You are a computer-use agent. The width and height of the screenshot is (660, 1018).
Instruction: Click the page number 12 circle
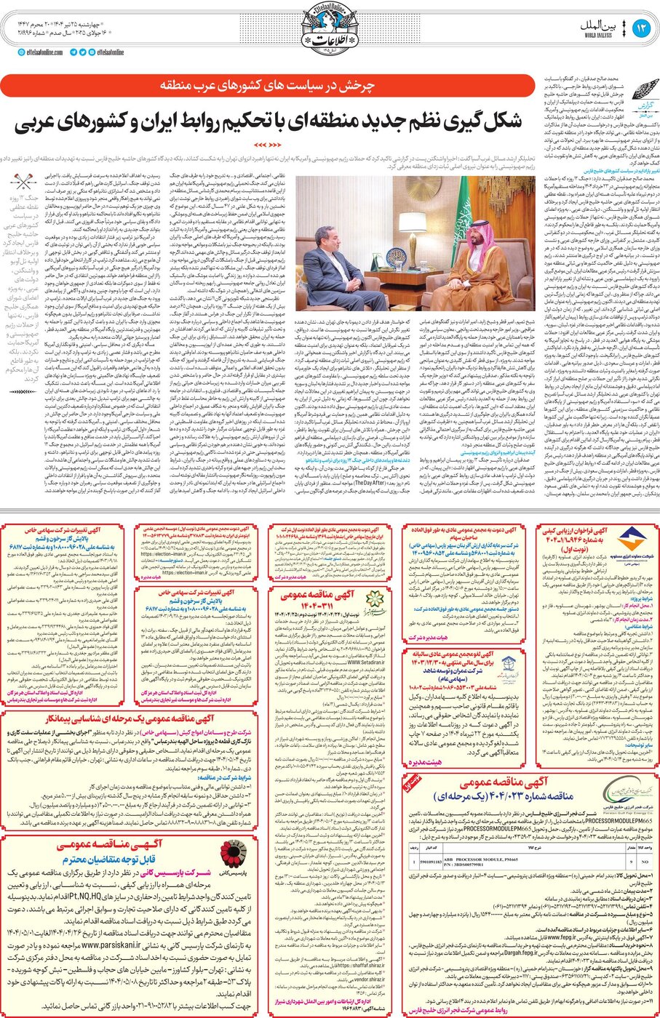point(641,27)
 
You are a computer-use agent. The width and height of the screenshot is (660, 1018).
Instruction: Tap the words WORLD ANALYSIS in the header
point(597,34)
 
